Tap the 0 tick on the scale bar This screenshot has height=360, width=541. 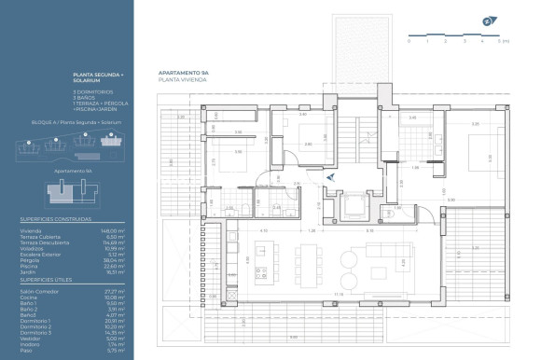pos(409,42)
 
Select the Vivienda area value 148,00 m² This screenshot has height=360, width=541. pos(113,228)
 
